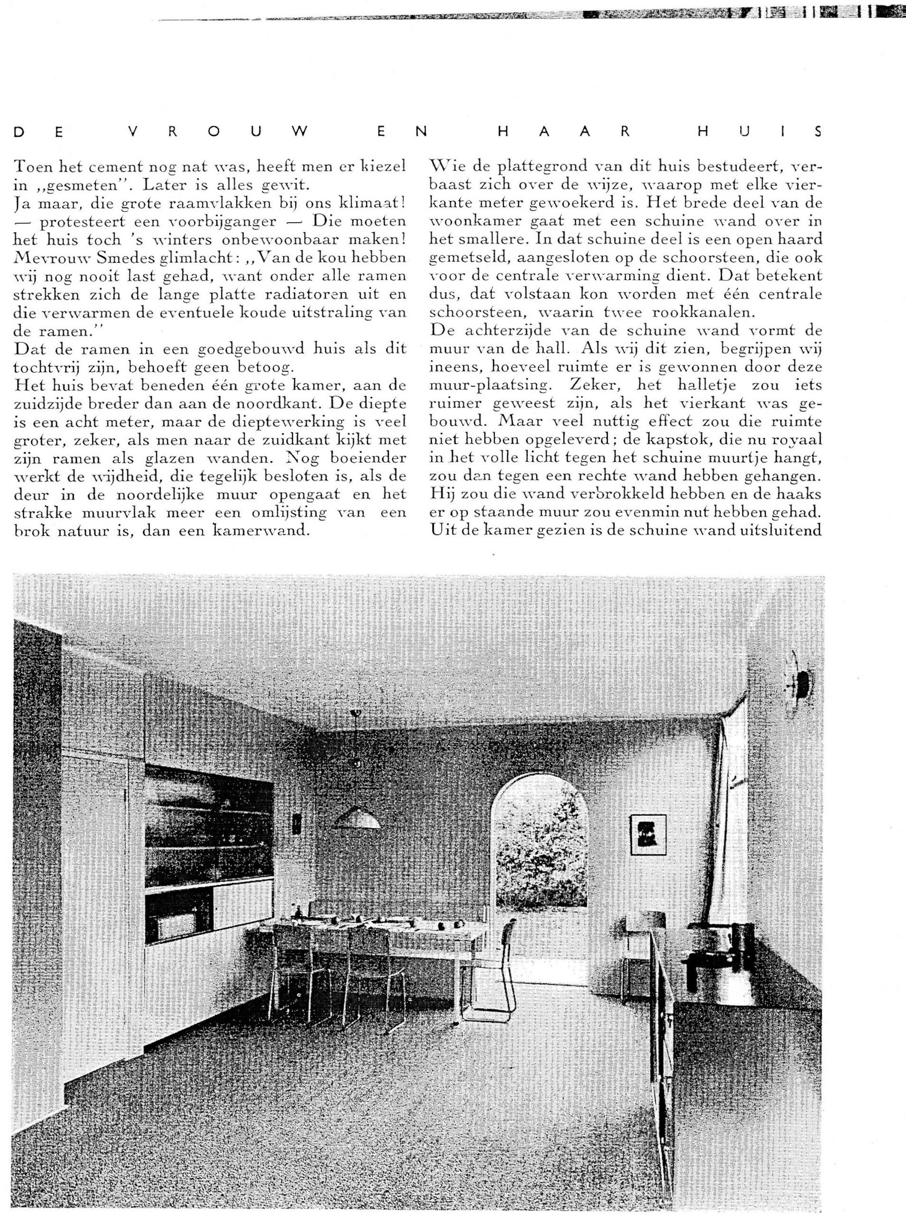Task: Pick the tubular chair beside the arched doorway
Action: tap(496, 965)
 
